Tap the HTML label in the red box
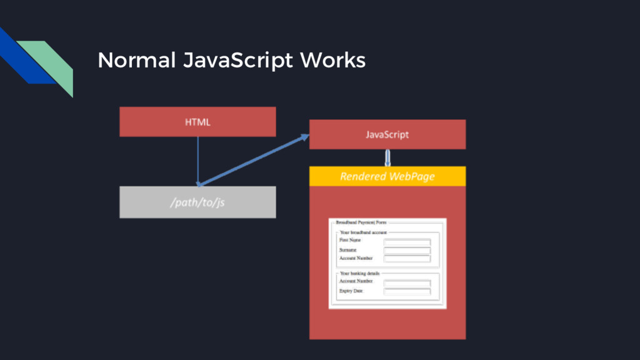pyautogui.click(x=197, y=122)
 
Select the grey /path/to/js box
pyautogui.click(x=197, y=202)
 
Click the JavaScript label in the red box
pyautogui.click(x=387, y=134)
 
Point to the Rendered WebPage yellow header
pyautogui.click(x=387, y=176)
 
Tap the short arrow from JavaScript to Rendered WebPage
pyautogui.click(x=387, y=157)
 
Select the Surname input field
pyautogui.click(x=407, y=251)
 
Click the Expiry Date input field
pyautogui.click(x=407, y=291)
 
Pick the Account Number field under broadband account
pyautogui.click(x=407, y=259)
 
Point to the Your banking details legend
pyautogui.click(x=359, y=273)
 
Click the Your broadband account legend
pyautogui.click(x=363, y=232)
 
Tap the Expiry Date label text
pyautogui.click(x=351, y=291)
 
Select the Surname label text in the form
pyautogui.click(x=348, y=250)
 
